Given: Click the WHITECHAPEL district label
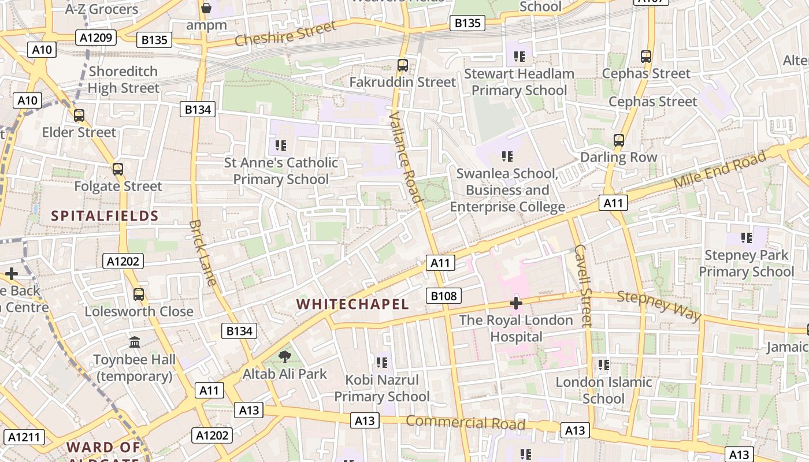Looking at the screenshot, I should (352, 304).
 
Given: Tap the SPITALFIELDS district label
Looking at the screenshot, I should (105, 216).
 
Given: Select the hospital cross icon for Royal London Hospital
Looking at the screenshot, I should (516, 303).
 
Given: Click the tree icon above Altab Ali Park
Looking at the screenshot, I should (284, 356).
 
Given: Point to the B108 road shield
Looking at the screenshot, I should (444, 296).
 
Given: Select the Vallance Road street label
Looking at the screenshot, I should (406, 157).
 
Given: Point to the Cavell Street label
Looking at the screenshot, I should (584, 285).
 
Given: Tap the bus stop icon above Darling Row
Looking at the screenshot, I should (618, 140).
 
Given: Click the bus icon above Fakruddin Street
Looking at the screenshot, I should (403, 65).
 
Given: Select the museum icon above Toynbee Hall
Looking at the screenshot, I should (135, 342).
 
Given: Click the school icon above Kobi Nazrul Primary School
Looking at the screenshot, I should (381, 363).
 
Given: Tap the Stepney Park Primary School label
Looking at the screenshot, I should (746, 263).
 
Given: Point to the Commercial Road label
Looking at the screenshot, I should (465, 423).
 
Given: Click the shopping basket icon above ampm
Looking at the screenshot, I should (206, 8).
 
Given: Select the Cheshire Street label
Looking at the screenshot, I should (285, 34).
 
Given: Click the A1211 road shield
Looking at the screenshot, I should (24, 437).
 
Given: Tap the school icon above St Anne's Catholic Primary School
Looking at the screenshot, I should (281, 145).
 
